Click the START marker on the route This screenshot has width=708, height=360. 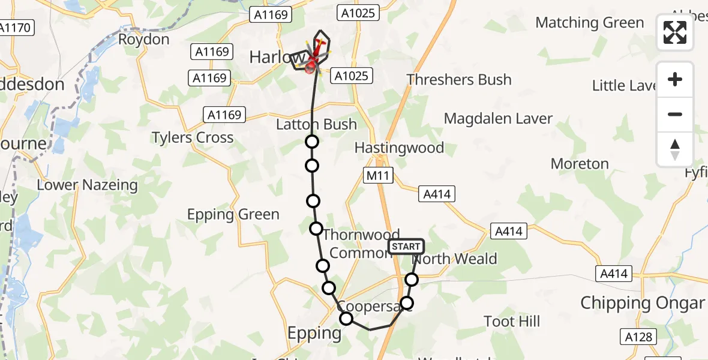coord(406,247)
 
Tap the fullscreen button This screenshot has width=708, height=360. coord(675,32)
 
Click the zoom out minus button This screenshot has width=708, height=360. coord(675,114)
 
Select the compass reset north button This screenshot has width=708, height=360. coord(675,149)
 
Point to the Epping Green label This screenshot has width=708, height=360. coord(233,214)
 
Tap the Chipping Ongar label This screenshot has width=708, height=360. coord(642,302)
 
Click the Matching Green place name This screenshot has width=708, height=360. coord(589,23)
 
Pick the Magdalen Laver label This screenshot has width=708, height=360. coord(498,118)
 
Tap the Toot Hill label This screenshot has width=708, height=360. coord(512,322)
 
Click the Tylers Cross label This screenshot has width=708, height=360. coord(193,137)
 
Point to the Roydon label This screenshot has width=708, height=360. coord(144,40)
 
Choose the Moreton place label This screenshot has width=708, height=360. coord(580,164)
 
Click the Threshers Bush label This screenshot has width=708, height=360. coord(459,80)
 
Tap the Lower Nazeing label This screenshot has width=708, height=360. coord(88,185)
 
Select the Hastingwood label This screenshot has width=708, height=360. coord(399,148)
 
